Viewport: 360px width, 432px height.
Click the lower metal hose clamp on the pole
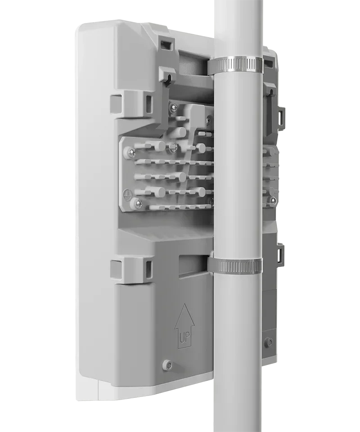[x=235, y=265]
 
